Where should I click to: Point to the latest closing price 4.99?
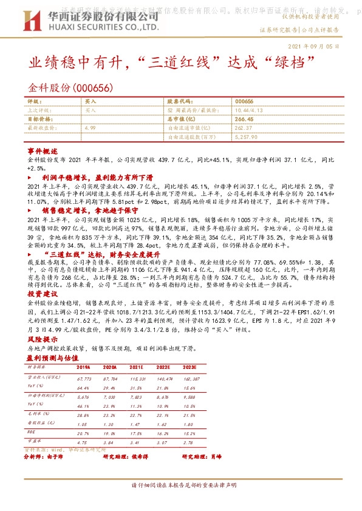coord(90,128)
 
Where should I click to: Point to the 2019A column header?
coord(83,368)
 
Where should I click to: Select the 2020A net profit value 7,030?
coord(111,395)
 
